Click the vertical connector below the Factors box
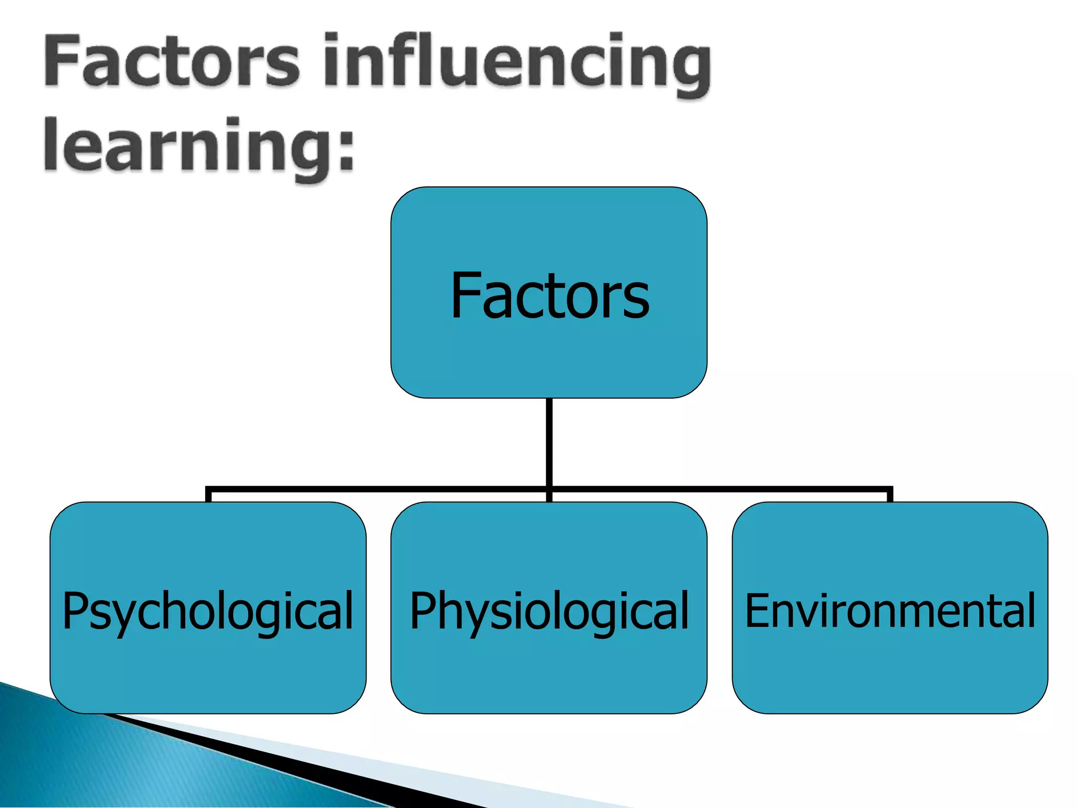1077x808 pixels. point(549,442)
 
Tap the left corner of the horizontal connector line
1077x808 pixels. point(209,490)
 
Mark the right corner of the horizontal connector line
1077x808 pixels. point(889,490)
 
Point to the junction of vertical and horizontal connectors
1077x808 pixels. point(549,490)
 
